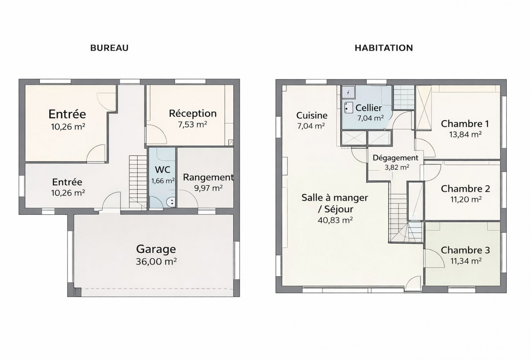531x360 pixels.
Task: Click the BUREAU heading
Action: pos(109,48)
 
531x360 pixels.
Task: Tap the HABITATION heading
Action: pos(384,48)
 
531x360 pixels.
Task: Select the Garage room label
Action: pos(156,249)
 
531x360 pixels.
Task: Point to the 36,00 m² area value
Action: pos(156,262)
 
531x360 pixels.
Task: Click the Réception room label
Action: pos(193,113)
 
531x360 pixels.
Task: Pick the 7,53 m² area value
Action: pos(193,124)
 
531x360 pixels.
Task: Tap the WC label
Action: pos(163,170)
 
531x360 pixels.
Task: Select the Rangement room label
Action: pos(208,177)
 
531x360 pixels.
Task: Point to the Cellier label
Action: pos(369,108)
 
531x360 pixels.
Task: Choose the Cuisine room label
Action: pos(312,116)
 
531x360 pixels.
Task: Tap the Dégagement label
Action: pos(395,158)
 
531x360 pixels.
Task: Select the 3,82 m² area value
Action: pos(397,167)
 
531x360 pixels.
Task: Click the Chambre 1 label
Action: pos(465,124)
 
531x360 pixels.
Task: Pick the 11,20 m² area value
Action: pos(466,199)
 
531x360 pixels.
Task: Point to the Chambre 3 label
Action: pos(465,250)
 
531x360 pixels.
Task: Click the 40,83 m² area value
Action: pos(335,220)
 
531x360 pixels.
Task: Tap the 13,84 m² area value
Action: pos(465,135)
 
